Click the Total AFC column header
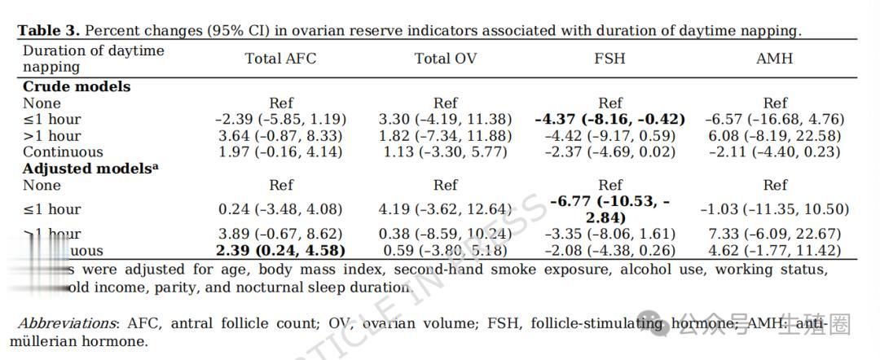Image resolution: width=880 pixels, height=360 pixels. click(280, 59)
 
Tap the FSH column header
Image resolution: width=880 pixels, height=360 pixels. click(610, 59)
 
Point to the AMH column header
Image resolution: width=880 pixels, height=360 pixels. click(774, 59)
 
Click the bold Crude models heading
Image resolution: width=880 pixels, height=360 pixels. click(76, 86)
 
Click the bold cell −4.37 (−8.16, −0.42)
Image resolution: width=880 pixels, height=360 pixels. click(609, 119)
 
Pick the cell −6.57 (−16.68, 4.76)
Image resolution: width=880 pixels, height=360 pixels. click(775, 119)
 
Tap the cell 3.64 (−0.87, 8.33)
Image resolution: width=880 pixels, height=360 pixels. click(280, 135)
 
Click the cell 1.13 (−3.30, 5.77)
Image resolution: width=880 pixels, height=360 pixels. click(445, 151)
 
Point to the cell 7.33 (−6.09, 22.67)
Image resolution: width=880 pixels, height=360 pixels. click(775, 234)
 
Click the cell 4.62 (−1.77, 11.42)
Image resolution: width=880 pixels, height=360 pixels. click(775, 250)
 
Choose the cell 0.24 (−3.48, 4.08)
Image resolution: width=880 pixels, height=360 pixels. click(280, 209)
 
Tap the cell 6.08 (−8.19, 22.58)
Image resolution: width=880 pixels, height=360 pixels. click(775, 135)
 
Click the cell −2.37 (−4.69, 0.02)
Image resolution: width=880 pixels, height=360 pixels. click(610, 151)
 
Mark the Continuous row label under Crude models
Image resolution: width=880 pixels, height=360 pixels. click(63, 151)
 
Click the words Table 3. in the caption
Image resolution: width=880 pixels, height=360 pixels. click(49, 31)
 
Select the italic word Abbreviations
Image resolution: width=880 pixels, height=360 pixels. click(68, 323)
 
